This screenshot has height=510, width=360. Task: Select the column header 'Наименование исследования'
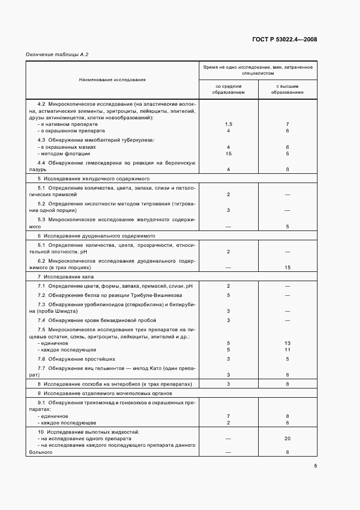112,80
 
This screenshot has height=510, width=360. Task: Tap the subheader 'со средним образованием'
228,89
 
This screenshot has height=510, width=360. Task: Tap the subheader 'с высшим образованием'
287,89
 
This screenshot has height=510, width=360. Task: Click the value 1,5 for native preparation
228,124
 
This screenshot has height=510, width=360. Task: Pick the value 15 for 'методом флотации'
228,154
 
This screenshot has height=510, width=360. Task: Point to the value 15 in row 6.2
287,268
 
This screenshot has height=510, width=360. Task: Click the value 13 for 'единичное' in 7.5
287,343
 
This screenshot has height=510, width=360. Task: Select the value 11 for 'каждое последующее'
287,349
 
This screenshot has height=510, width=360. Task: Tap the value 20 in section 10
287,438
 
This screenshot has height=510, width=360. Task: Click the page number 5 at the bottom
315,465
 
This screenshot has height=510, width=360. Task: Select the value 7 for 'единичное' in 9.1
228,416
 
